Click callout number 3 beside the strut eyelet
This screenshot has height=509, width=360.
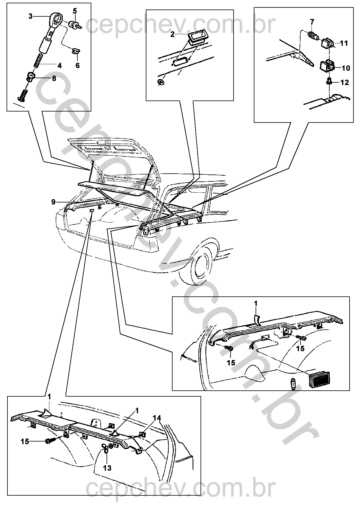click(x=31, y=16)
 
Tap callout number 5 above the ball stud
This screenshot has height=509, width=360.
click(x=75, y=11)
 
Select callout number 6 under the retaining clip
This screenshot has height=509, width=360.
click(x=78, y=66)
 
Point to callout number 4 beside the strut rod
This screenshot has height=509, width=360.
click(x=60, y=66)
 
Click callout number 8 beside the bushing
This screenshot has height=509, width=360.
click(x=54, y=78)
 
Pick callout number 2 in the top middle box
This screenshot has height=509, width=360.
click(x=172, y=34)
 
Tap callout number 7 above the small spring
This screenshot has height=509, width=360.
click(x=312, y=22)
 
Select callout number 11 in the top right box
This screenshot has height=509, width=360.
click(x=344, y=43)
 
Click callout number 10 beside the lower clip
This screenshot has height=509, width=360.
click(x=346, y=68)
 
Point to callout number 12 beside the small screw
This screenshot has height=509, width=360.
click(x=345, y=82)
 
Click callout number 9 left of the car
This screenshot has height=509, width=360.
click(x=54, y=202)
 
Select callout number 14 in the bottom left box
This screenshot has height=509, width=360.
click(x=157, y=418)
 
